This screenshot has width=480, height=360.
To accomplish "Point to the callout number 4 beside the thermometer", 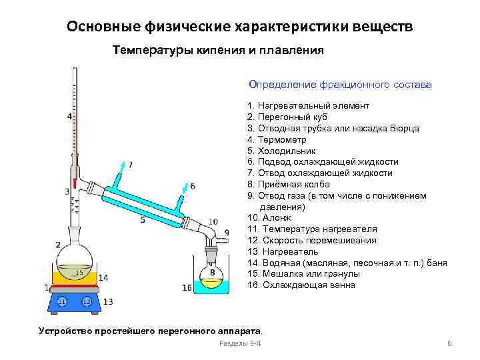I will [69, 117].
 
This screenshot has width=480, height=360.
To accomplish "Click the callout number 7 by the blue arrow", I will [130, 164].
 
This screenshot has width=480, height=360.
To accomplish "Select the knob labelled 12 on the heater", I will [86, 301].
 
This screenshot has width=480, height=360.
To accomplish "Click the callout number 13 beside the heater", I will [108, 302].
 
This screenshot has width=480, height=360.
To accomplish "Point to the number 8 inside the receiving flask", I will [212, 273].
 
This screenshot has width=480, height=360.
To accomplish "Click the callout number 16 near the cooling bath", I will [187, 288].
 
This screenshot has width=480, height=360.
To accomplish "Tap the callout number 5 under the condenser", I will [143, 219].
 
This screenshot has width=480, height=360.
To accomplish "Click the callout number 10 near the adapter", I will [213, 221].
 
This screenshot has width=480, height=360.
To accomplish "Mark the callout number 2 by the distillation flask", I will [58, 245].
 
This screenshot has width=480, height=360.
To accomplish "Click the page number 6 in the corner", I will [449, 343].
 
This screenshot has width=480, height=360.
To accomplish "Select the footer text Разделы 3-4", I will [240, 343].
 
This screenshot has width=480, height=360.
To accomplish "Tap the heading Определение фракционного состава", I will [340, 85].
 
